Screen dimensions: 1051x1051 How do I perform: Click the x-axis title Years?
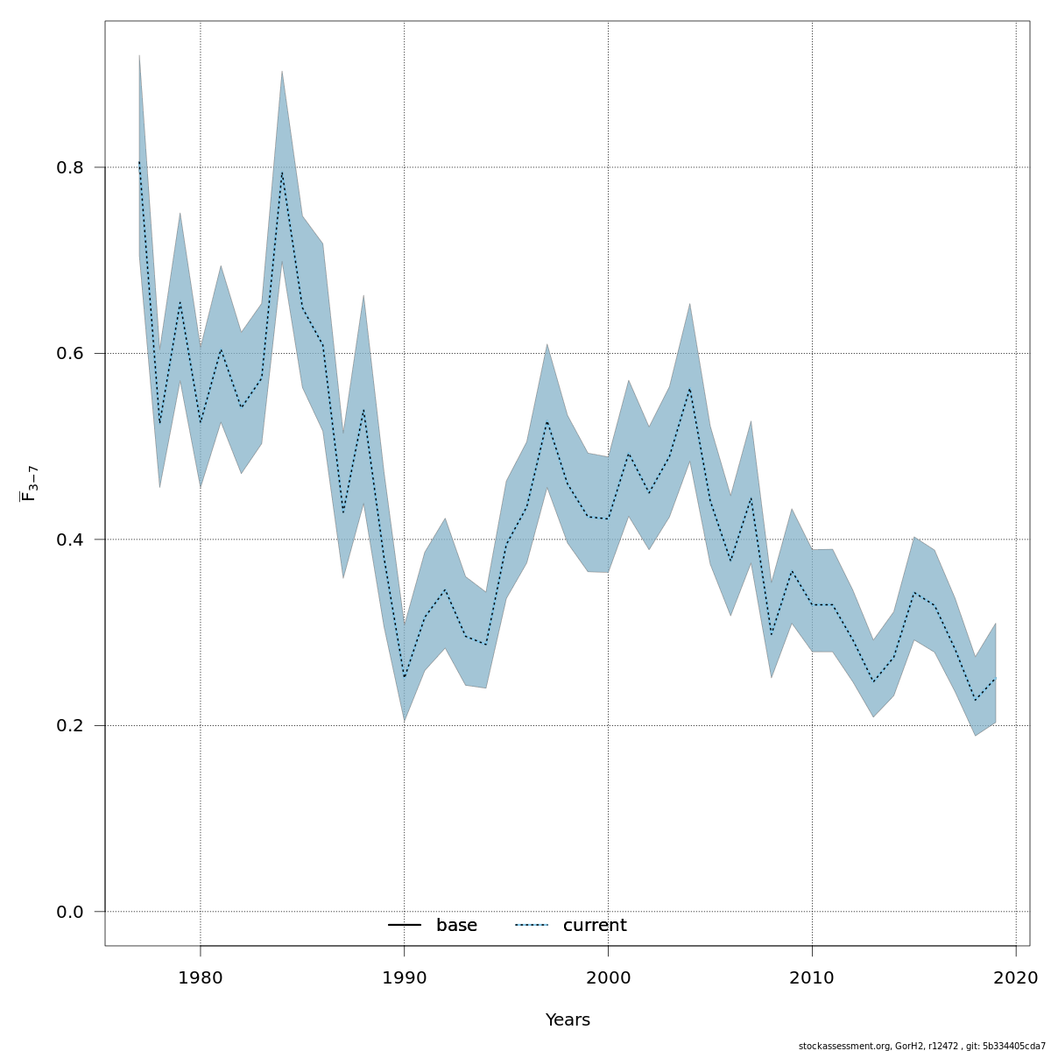click(568, 1020)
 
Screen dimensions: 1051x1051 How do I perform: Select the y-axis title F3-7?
click(29, 483)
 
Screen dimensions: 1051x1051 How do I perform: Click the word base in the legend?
click(456, 926)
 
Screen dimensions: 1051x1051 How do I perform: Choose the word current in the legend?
click(595, 926)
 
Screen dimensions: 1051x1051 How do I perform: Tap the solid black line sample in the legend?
click(405, 926)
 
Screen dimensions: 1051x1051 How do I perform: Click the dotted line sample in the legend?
click(532, 926)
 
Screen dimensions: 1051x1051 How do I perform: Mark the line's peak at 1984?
click(281, 173)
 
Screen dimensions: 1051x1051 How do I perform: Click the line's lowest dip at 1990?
click(404, 677)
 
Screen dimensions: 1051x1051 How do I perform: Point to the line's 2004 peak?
click(689, 389)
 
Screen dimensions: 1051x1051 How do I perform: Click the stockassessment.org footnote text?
click(921, 1045)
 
